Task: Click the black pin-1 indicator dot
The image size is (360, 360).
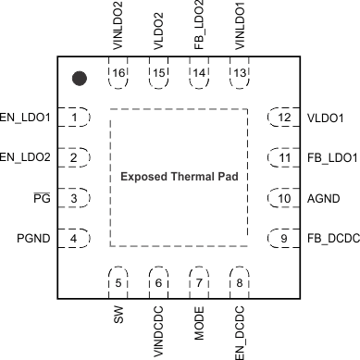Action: tap(80, 79)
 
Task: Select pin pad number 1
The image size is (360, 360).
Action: tap(73, 118)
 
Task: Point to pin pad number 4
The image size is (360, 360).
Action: tap(73, 238)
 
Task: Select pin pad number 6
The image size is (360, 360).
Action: tap(158, 282)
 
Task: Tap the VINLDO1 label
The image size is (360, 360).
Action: tap(239, 29)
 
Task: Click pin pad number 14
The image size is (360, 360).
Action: tap(198, 73)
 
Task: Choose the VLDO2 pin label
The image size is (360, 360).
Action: tap(158, 29)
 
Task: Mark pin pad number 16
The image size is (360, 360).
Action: tap(118, 73)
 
